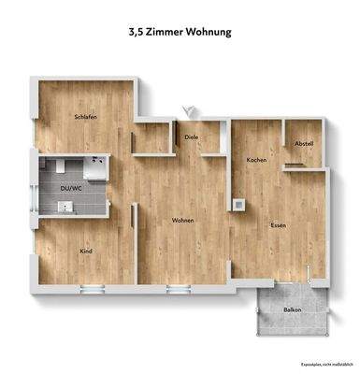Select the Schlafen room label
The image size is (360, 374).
(86, 117)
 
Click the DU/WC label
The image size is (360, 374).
(70, 187)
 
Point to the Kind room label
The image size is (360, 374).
(86, 252)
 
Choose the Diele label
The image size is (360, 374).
(192, 137)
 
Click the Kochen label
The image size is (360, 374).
(256, 161)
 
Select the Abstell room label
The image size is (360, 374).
(303, 143)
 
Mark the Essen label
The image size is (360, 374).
(278, 225)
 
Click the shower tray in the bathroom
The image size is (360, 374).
(95, 171)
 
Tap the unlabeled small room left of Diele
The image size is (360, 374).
(152, 137)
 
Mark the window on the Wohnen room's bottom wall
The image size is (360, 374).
(178, 285)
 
